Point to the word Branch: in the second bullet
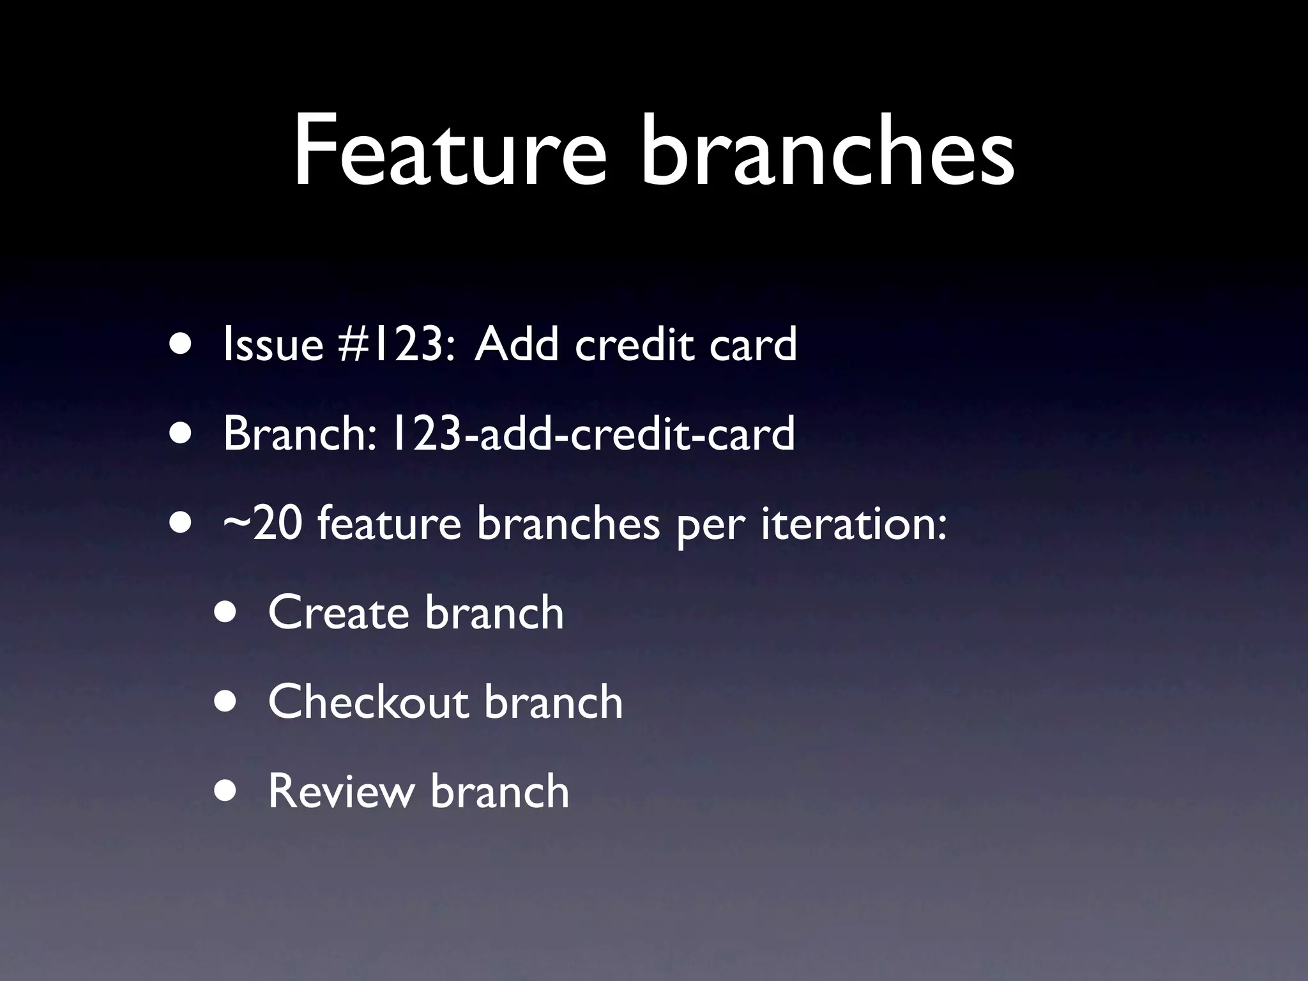point(300,434)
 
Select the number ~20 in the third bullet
point(262,524)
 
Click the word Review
point(340,791)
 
